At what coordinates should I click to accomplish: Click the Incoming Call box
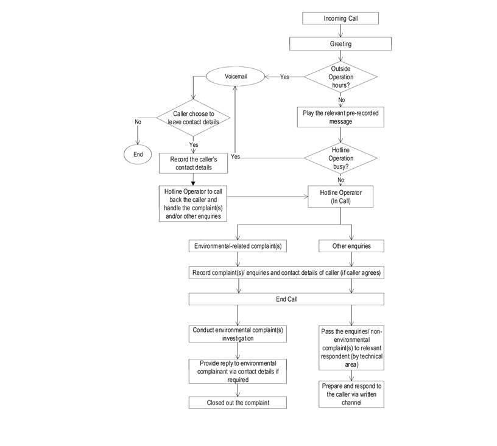[x=340, y=18]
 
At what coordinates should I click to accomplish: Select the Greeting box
[x=340, y=44]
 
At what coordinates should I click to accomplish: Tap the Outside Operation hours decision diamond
[x=340, y=77]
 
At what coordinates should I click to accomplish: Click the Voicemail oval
[x=235, y=77]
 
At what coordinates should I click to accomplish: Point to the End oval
[x=138, y=154]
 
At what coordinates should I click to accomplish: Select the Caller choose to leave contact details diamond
[x=193, y=117]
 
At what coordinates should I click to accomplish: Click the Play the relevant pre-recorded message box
[x=340, y=117]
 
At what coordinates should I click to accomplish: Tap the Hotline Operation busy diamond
[x=340, y=157]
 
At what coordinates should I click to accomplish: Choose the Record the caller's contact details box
[x=193, y=163]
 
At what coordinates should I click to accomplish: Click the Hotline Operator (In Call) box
[x=340, y=197]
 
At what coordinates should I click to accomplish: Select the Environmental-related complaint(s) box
[x=237, y=246]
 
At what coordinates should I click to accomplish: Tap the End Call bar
[x=286, y=299]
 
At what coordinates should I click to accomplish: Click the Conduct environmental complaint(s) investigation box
[x=237, y=334]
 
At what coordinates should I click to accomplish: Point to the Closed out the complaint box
[x=237, y=403]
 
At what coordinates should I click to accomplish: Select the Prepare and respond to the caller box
[x=351, y=394]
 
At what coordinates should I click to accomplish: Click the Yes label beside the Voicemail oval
[x=284, y=77]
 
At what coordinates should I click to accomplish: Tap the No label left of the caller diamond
[x=138, y=121]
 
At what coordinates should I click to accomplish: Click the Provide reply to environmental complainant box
[x=237, y=370]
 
